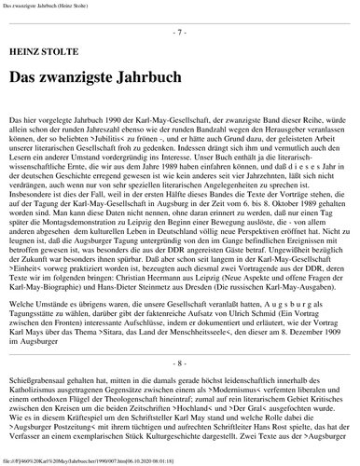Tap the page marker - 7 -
tap(180, 33)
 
